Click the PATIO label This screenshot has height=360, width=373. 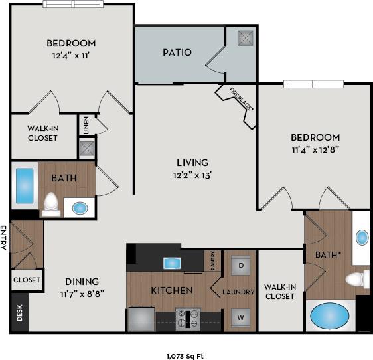tap(177, 52)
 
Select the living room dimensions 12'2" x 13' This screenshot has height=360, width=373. tap(192, 175)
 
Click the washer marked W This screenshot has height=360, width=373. tap(240, 316)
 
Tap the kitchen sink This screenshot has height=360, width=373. tap(172, 262)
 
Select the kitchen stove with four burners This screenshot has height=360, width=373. tap(188, 318)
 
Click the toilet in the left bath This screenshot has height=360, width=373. tap(50, 204)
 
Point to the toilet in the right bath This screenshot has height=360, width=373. tap(358, 278)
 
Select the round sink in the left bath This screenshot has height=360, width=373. tap(80, 208)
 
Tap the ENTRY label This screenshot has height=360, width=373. tap(4, 238)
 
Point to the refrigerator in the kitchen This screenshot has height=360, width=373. tap(141, 318)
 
